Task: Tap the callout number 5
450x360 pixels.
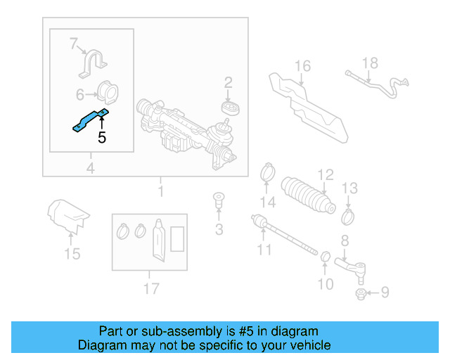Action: coord(102,138)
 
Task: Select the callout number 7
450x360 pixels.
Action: coord(74,44)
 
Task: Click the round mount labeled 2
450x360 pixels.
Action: coord(229,108)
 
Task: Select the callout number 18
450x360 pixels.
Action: coord(370,63)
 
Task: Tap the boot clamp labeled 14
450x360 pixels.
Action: coord(267,171)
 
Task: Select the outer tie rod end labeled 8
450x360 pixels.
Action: coord(350,266)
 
